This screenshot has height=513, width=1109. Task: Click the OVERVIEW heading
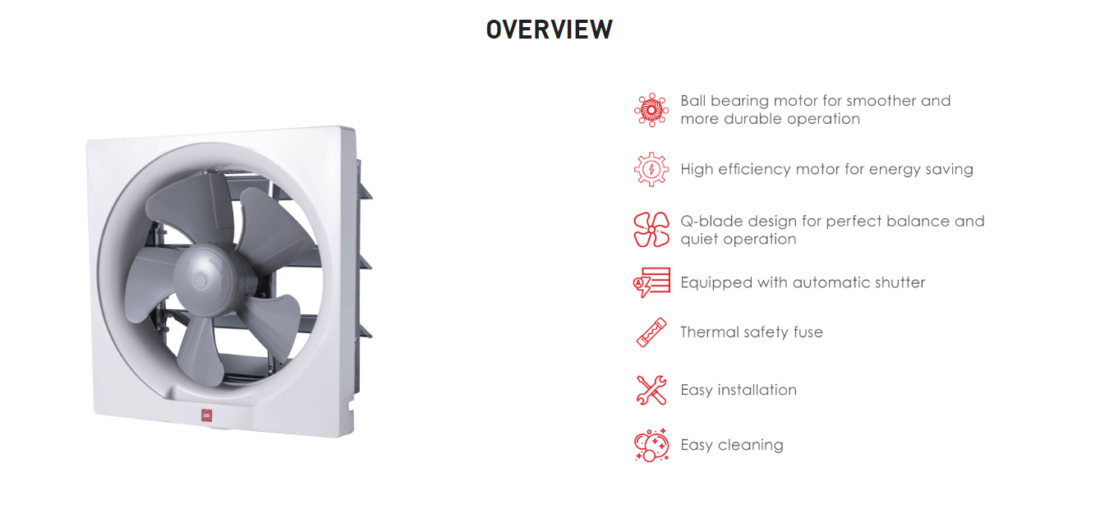pos(549,30)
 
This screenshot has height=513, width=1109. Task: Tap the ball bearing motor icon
pos(651,110)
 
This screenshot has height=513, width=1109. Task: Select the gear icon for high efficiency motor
pos(651,169)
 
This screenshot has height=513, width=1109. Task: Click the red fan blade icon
pos(651,230)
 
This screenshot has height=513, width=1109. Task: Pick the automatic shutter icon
pos(651,282)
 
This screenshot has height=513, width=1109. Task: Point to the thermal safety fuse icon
pos(651,332)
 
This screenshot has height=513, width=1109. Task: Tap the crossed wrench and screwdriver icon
pos(651,390)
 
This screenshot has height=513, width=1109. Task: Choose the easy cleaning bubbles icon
pos(651,445)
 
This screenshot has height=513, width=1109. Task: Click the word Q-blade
pos(712,221)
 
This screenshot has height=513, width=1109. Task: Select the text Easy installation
pos(739,390)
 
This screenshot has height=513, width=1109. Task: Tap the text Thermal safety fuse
pos(752,332)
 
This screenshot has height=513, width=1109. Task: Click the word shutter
pos(900,282)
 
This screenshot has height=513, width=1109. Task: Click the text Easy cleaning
pos(732,445)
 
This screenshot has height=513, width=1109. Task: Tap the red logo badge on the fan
pos(206,415)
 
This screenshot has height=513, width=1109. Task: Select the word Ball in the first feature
pos(693,100)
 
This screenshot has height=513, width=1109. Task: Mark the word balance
pos(918,221)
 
